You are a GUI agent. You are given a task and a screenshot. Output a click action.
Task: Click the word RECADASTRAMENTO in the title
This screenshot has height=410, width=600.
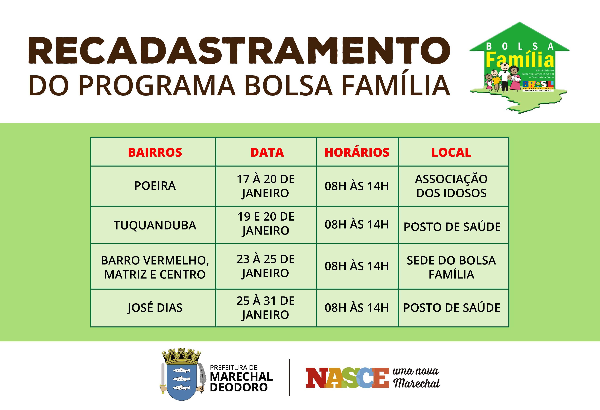click(x=239, y=50)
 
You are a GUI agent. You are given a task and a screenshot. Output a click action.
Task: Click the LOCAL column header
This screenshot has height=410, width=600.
click(x=451, y=152)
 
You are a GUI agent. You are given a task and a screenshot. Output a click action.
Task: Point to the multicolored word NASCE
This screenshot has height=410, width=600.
click(x=347, y=378)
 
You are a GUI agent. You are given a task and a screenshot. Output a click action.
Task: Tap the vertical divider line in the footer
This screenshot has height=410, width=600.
click(x=290, y=377)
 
